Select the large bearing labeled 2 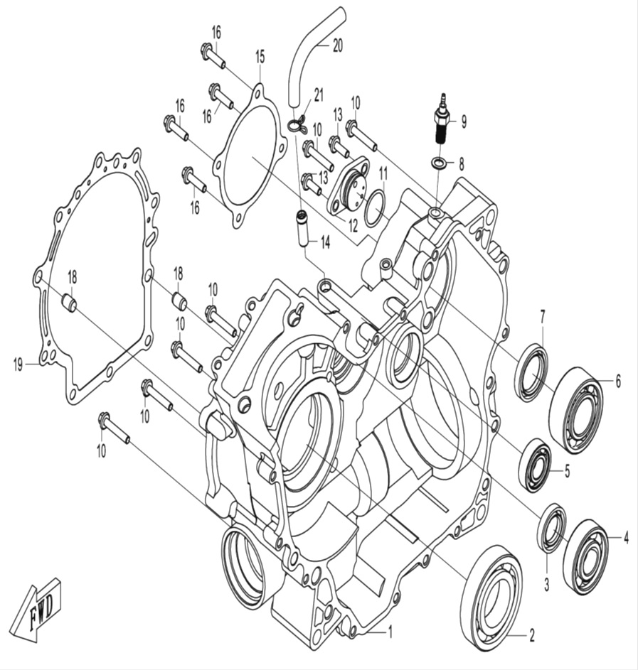[491, 597]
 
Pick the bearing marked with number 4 [585, 556]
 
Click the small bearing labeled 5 [536, 465]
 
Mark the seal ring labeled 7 [531, 371]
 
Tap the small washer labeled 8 [440, 164]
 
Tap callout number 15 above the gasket [260, 55]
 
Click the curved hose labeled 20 [312, 57]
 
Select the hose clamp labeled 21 [297, 125]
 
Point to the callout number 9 [464, 121]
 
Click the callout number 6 [618, 382]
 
